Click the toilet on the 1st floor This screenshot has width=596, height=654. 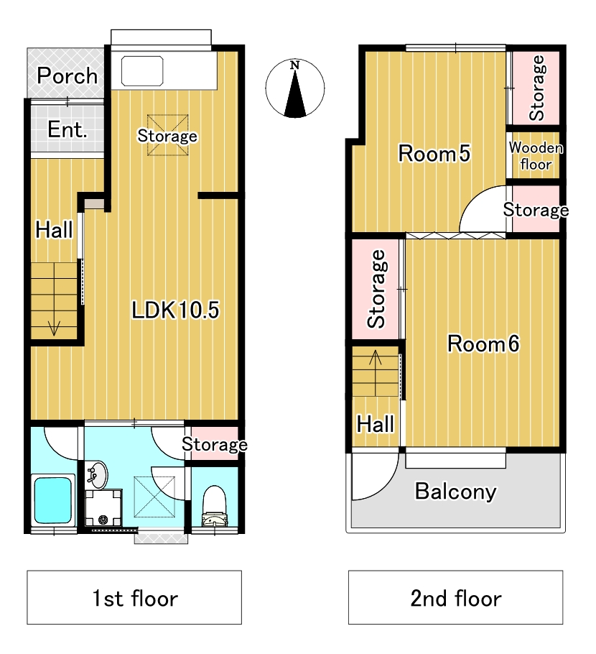pos(215,506)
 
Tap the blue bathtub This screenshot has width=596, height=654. pos(53,500)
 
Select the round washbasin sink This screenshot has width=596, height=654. pos(97,475)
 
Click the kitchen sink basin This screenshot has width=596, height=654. pos(142,71)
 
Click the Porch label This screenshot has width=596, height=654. pos(67,75)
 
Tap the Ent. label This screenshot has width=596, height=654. pos(67,129)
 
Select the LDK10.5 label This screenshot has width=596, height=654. pos(175,310)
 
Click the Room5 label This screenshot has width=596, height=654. pos(434,154)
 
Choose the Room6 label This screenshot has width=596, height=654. pos(483,344)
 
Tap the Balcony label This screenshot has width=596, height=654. pos(455,492)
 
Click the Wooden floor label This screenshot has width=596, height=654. pos(536,156)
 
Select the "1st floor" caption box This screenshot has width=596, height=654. pos(134,597)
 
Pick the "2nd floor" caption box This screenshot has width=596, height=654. pos(455,597)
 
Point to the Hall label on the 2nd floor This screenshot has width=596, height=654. pos(375,424)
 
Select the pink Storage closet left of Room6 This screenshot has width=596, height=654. pos(376,289)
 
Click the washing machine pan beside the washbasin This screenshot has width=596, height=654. pos(103,508)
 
